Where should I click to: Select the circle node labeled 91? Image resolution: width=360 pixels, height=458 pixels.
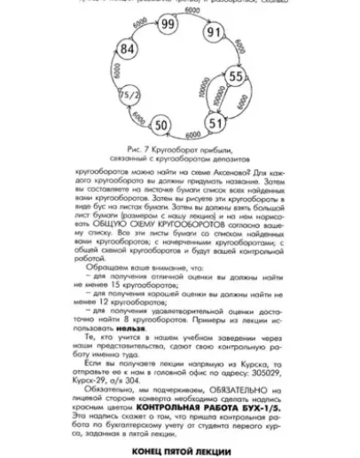(213, 33)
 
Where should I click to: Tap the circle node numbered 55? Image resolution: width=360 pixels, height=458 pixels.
(235, 77)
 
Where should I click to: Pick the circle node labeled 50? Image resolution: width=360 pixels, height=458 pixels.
(162, 123)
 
